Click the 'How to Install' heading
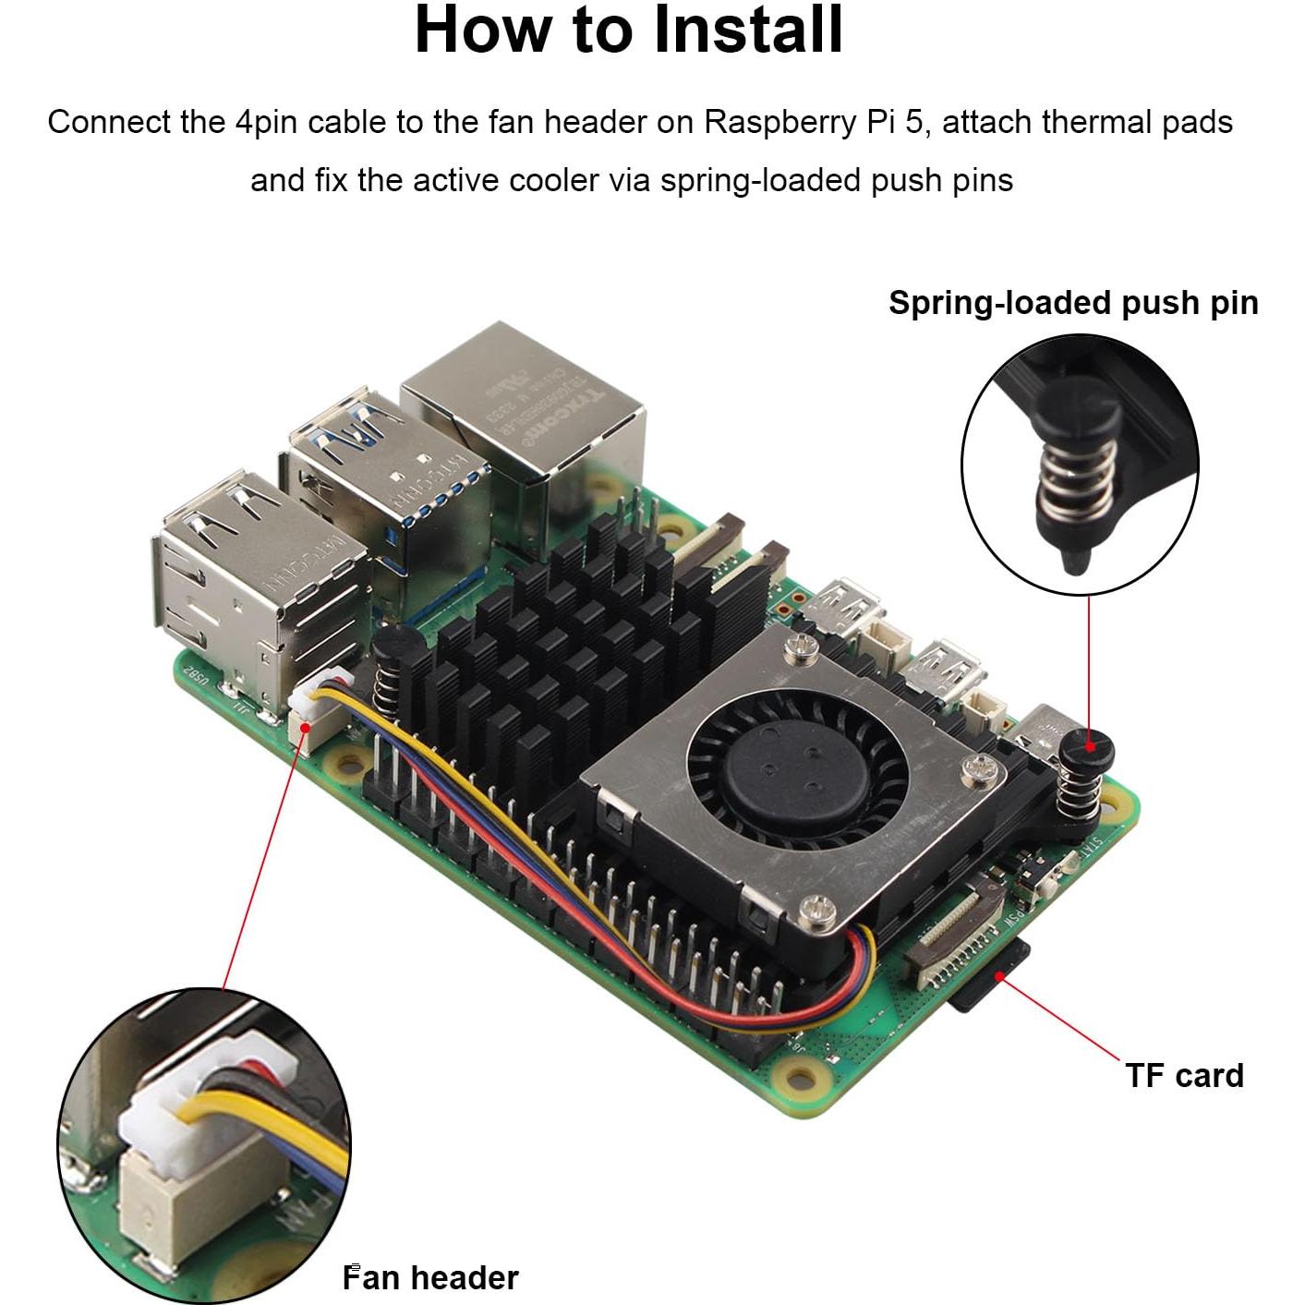pyautogui.click(x=629, y=30)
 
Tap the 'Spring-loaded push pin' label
pyautogui.click(x=1073, y=303)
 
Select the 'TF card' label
pyautogui.click(x=1184, y=1075)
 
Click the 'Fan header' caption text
pyautogui.click(x=430, y=1277)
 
